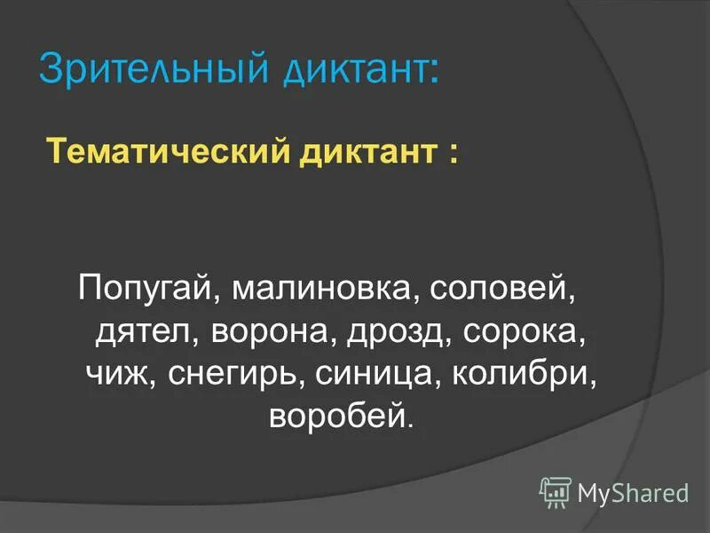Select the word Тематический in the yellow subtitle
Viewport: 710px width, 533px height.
pyautogui.click(x=168, y=150)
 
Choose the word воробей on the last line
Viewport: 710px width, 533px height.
pyautogui.click(x=338, y=415)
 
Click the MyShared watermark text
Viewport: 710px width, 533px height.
pyautogui.click(x=633, y=491)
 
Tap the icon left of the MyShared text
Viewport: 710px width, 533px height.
pyautogui.click(x=556, y=490)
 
